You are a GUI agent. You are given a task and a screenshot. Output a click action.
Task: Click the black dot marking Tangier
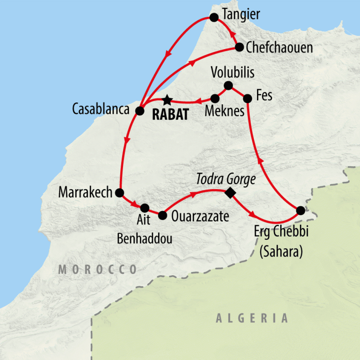213,17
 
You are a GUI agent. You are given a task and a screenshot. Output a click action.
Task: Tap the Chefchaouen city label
279,48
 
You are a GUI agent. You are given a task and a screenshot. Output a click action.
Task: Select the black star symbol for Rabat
167,100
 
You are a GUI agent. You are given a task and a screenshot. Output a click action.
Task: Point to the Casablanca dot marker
140,111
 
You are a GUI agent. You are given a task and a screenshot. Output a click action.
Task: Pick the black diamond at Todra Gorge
230,192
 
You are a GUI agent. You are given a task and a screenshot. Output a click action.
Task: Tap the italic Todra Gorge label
226,179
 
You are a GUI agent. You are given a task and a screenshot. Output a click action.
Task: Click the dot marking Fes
247,98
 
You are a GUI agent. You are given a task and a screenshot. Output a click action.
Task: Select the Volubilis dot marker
228,85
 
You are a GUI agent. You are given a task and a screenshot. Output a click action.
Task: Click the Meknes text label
225,112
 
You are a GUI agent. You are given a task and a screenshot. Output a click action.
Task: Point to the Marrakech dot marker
120,192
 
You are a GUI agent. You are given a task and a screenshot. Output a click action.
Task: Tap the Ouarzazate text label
200,217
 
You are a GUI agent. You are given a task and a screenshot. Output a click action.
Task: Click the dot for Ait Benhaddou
145,208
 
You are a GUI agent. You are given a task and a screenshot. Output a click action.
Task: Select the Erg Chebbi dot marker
300,210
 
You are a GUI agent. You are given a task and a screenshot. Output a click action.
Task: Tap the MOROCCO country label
97,270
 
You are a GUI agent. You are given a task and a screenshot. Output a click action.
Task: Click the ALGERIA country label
252,319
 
